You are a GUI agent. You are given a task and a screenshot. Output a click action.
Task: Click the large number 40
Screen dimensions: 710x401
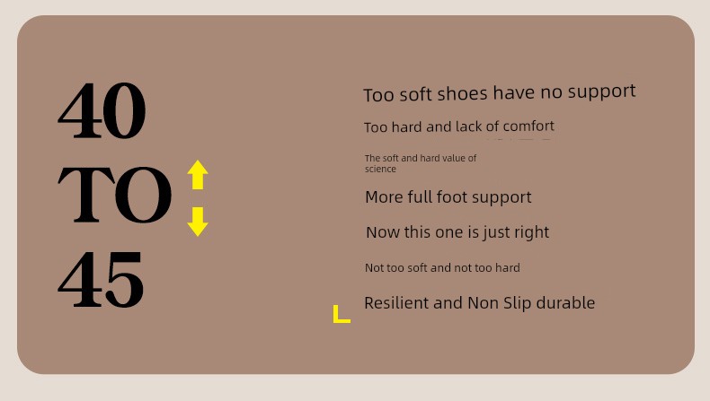click(102, 110)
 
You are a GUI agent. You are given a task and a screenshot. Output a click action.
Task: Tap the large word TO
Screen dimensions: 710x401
click(115, 195)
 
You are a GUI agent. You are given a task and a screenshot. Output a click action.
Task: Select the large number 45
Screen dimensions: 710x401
click(101, 280)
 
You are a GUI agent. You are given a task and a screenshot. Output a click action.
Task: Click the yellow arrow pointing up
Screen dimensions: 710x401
click(198, 175)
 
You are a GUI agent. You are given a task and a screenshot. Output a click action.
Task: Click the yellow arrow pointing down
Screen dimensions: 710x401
click(198, 222)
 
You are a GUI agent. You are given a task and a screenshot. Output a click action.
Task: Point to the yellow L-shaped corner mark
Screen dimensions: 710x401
click(338, 318)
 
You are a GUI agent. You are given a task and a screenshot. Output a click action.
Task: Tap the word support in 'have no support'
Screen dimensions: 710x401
click(602, 92)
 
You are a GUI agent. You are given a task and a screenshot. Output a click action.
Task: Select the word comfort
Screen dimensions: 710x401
click(528, 126)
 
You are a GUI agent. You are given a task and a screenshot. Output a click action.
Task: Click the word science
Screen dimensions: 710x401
click(380, 169)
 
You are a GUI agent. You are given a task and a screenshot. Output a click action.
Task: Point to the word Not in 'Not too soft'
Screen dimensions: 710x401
click(374, 267)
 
